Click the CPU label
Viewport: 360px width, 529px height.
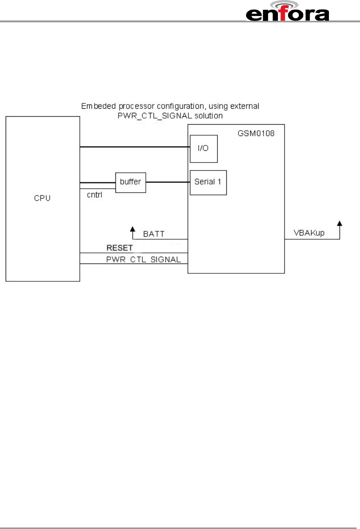pos(42,198)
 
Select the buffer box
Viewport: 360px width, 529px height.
pos(131,182)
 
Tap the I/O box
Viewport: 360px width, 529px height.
pos(204,148)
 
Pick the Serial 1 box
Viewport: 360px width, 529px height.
pos(208,182)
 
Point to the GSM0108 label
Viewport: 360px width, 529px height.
pos(256,133)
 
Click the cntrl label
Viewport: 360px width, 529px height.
pos(95,195)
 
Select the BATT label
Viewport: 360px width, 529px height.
pos(154,234)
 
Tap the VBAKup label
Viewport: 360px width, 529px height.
pos(309,233)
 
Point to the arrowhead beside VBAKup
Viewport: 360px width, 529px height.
pos(340,224)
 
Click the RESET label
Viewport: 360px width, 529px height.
pos(120,248)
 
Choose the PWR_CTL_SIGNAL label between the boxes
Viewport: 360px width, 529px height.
pos(143,259)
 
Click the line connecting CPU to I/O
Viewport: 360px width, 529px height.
pos(134,147)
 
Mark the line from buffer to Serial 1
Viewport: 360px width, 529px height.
pos(168,182)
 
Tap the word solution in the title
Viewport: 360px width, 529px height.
pos(208,115)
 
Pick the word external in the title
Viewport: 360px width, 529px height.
pos(245,106)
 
